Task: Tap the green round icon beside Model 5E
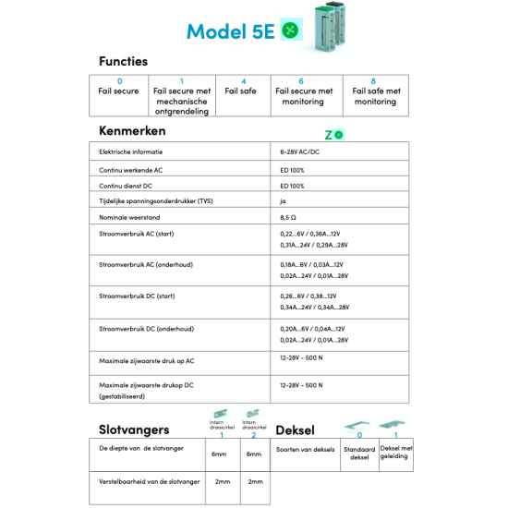point(291,30)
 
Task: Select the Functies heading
point(123,61)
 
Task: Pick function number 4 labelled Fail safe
point(242,87)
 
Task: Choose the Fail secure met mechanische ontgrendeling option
point(182,96)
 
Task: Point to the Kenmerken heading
point(132,130)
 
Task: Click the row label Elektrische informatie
point(131,151)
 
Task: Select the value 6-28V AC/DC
point(299,151)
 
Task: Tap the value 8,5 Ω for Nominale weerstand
point(289,217)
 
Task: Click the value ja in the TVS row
point(284,200)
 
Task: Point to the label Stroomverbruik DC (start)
point(137,296)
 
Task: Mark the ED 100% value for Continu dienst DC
point(292,185)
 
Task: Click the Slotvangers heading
point(134,429)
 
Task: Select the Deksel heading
point(295,429)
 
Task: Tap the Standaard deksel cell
point(359,453)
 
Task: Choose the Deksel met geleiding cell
point(396,452)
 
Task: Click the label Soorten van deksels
point(305,450)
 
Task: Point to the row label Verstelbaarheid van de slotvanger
point(150,481)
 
